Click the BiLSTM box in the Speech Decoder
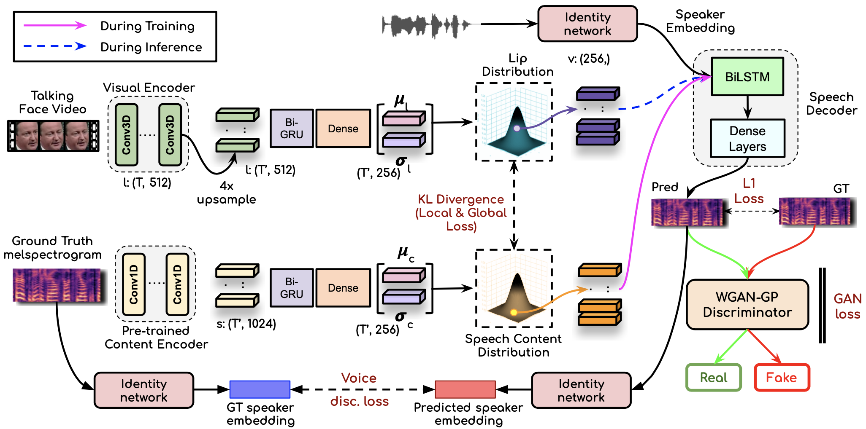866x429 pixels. pos(747,77)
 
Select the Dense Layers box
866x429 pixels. pos(747,138)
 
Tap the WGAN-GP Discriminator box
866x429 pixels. pos(747,304)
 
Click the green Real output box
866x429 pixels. pos(713,377)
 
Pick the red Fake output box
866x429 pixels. pos(782,377)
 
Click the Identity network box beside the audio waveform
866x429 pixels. pos(587,24)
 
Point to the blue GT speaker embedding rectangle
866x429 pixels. pos(260,389)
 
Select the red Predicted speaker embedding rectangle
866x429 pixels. pos(465,389)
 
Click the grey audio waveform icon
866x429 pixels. pos(426,25)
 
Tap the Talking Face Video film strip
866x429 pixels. pos(53,136)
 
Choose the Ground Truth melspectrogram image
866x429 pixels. pos(57,285)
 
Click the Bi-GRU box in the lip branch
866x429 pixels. pos(292,129)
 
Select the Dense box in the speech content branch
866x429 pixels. pos(343,288)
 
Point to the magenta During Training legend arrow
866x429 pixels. pos(55,26)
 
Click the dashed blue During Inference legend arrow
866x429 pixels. pos(55,46)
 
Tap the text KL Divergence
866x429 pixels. pos(461,199)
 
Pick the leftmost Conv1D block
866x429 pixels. pos(134,284)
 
